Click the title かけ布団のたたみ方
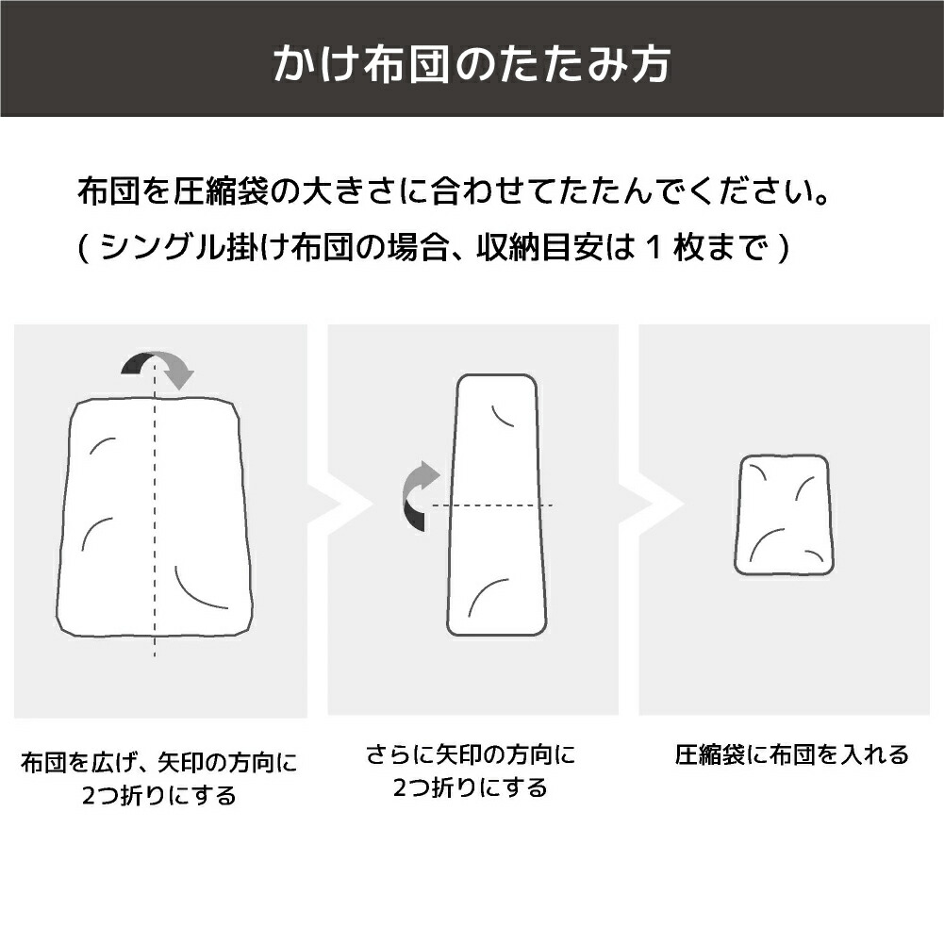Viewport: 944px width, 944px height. [x=472, y=62]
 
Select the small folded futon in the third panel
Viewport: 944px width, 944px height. [x=784, y=515]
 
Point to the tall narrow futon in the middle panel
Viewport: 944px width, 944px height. [x=497, y=505]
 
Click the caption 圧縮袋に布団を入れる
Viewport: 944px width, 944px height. [x=791, y=755]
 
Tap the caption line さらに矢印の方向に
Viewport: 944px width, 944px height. [x=471, y=755]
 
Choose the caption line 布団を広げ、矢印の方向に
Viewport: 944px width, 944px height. [x=159, y=763]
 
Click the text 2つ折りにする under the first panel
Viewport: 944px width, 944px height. [x=159, y=797]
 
